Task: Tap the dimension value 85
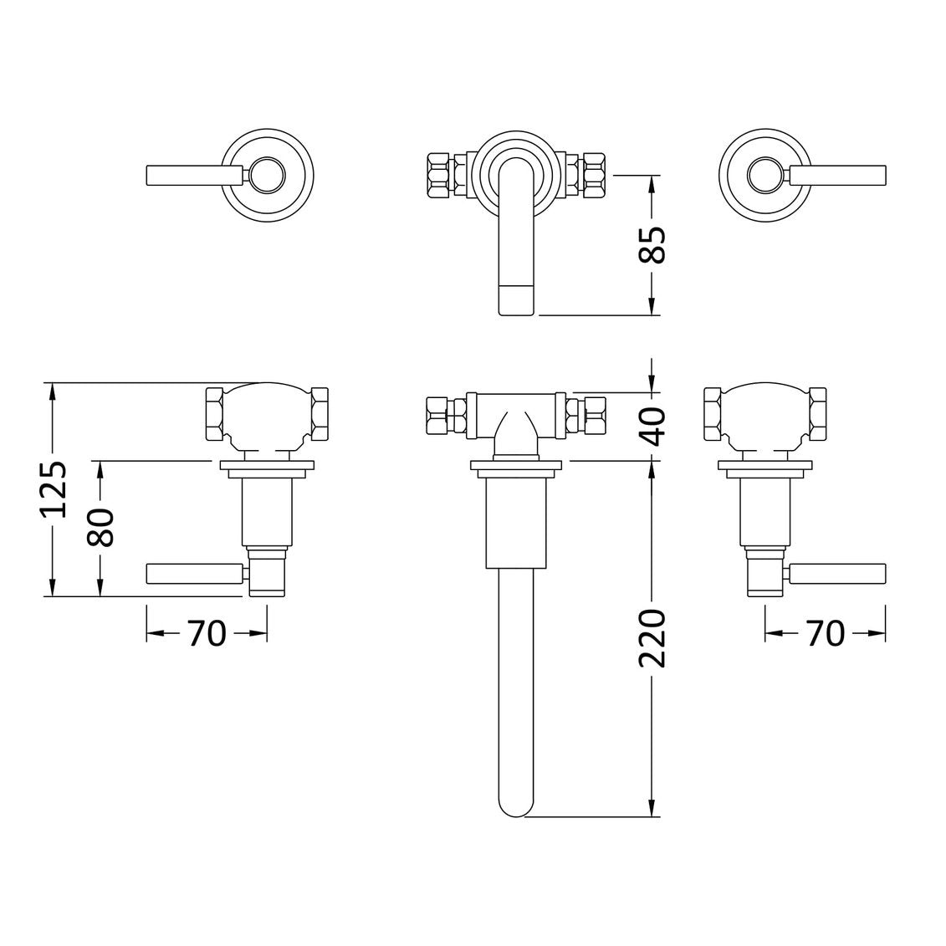[652, 245]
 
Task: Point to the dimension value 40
[652, 427]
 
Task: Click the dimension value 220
[652, 638]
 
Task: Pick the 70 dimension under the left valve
[207, 633]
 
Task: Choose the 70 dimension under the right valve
[825, 633]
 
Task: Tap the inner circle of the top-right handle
[766, 176]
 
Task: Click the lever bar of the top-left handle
[194, 176]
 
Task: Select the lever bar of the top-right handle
[837, 176]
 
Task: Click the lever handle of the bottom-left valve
[195, 574]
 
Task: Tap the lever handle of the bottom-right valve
[837, 574]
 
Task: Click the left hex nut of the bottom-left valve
[216, 413]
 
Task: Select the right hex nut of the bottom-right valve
[818, 413]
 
